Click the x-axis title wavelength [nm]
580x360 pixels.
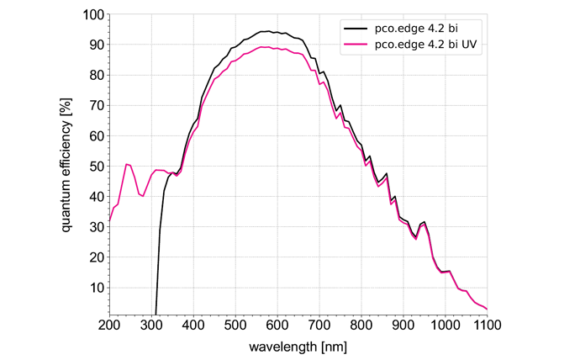point(298,346)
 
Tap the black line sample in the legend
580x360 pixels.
point(354,27)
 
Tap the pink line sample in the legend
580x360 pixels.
point(354,44)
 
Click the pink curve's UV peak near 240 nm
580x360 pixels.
point(126,164)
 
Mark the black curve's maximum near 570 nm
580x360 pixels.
point(265,31)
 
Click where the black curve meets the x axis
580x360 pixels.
point(156,313)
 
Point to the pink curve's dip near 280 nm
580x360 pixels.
point(143,196)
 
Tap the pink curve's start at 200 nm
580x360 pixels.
point(110,220)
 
